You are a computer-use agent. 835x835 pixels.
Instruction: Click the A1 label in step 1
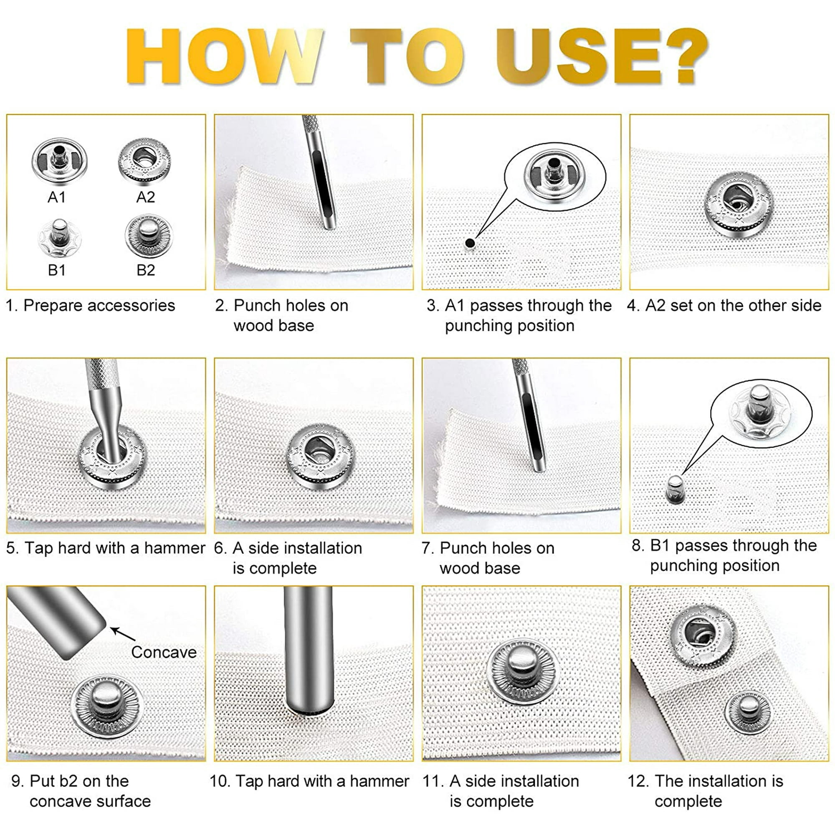point(57,197)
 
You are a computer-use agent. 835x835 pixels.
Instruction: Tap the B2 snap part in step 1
point(149,236)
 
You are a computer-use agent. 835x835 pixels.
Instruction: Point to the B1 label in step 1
point(57,270)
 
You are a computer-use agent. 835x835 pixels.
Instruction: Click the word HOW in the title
point(225,56)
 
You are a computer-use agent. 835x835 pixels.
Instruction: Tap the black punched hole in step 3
point(470,243)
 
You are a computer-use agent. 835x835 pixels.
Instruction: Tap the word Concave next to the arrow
point(164,652)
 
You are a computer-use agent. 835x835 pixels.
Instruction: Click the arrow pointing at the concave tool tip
point(123,634)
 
